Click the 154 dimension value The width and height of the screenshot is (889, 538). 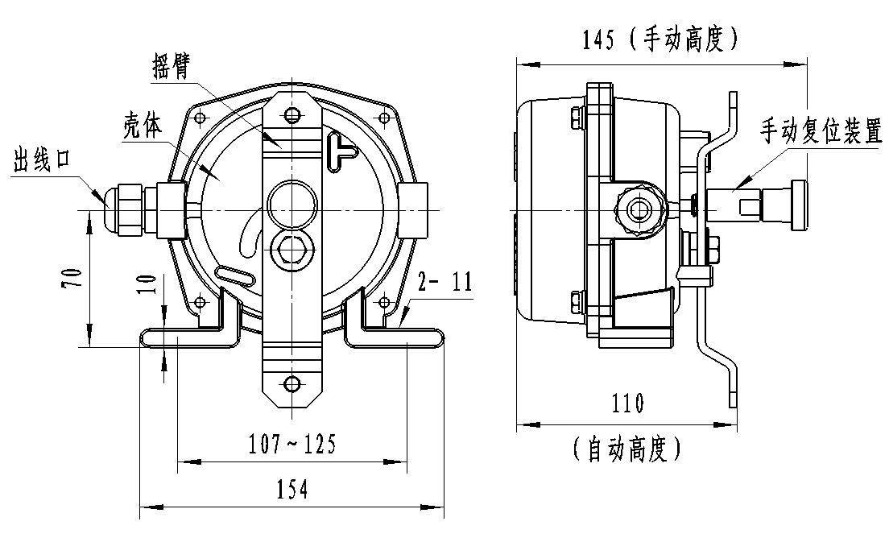coord(292,489)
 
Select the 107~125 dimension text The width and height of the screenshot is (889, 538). coord(292,444)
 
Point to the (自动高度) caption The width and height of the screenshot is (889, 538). coord(627,449)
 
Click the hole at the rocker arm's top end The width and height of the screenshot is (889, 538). coord(292,115)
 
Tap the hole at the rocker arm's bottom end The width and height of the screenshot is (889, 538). coord(292,383)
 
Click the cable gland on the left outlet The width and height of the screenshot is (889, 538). coord(125,209)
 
